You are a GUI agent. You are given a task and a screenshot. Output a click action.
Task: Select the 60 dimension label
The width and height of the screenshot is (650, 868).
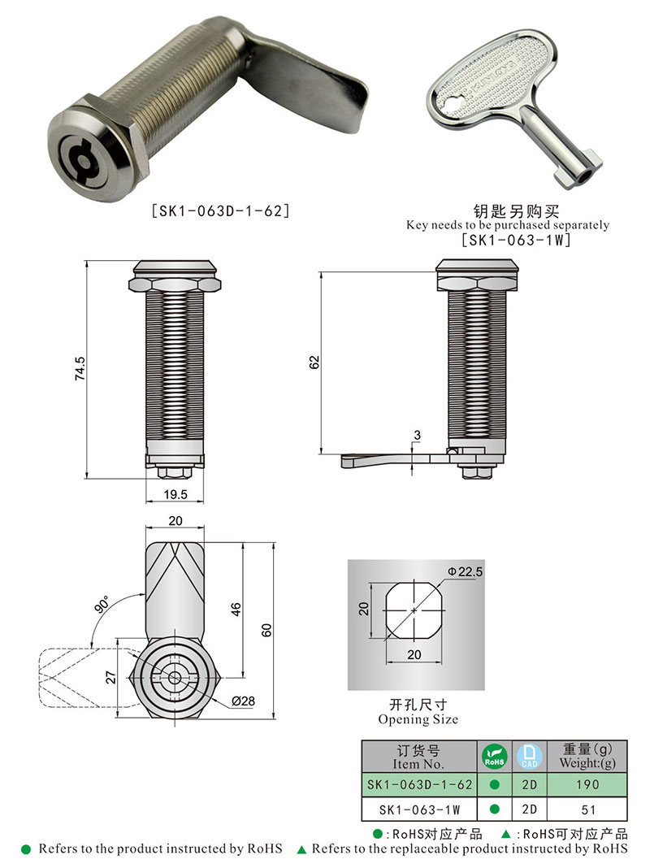[266, 628]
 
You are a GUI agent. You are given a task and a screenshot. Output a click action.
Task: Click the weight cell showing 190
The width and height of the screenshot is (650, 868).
[587, 784]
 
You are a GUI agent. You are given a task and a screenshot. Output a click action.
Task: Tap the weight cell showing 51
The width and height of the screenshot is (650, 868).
[587, 809]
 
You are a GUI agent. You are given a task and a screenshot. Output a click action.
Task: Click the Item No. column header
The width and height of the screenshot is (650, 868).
[418, 757]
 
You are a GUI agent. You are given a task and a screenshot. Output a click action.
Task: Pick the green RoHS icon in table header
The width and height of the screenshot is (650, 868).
[494, 757]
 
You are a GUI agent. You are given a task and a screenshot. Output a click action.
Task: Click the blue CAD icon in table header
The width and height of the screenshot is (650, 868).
[528, 757]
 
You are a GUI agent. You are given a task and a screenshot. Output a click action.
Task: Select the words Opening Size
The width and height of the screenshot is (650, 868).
[418, 719]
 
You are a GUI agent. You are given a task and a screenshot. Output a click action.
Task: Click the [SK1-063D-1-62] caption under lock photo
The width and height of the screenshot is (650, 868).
[221, 210]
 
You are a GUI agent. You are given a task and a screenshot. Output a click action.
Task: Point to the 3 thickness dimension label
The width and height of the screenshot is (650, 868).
[417, 436]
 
